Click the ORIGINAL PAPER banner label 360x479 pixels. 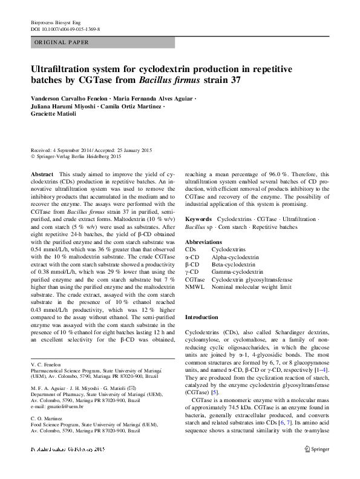tap(62, 43)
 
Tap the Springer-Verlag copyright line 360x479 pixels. tap(79, 156)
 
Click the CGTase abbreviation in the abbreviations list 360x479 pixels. tap(195, 280)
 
